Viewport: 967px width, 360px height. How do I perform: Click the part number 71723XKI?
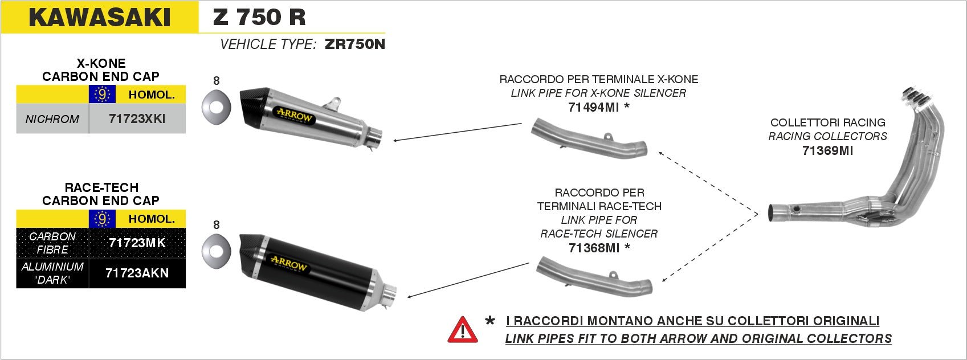[x=137, y=118]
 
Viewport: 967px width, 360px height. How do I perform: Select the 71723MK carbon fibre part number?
[x=137, y=243]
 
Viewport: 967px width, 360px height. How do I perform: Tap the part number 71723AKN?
[x=137, y=273]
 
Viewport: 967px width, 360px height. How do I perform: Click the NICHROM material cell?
[x=52, y=119]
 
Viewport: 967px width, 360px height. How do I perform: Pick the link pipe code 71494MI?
[x=593, y=107]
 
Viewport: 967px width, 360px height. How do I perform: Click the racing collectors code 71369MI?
[x=827, y=150]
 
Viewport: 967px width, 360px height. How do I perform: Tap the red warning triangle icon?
[x=463, y=330]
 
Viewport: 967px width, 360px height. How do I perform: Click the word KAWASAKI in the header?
[x=100, y=17]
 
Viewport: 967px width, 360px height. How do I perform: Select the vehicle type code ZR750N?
[x=354, y=44]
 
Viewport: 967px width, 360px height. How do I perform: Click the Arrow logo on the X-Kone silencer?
[x=295, y=116]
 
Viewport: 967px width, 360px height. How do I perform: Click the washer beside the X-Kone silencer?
[x=215, y=107]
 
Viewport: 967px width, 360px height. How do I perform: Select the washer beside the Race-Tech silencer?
[x=215, y=251]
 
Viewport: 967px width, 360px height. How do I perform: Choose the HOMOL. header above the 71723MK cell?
[x=152, y=219]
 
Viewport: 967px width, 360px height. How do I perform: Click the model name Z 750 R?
[x=259, y=17]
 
